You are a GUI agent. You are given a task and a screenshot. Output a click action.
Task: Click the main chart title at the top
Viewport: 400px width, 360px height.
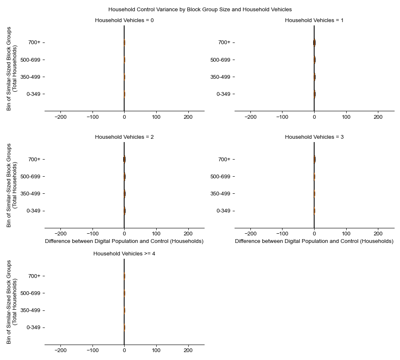pos(200,9)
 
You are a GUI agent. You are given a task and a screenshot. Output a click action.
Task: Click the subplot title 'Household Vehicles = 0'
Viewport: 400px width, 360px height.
pos(124,20)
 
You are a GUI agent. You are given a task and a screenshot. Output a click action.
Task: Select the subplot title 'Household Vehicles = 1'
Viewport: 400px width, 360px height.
pos(314,20)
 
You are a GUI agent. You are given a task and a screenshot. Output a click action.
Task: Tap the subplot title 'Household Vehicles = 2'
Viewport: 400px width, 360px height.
pos(124,137)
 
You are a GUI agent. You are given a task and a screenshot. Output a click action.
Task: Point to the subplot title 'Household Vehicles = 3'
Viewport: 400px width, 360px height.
pos(314,137)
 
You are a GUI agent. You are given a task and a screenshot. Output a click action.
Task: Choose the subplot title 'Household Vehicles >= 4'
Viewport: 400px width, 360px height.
pos(124,253)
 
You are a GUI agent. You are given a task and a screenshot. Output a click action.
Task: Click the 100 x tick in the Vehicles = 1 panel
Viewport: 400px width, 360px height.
pos(346,117)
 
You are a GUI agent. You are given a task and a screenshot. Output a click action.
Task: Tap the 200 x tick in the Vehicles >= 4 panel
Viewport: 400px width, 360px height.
pos(188,351)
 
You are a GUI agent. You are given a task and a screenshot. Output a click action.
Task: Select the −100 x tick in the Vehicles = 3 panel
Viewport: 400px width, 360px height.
pos(282,234)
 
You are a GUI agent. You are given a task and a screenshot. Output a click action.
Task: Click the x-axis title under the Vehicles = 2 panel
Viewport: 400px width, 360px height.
pos(124,241)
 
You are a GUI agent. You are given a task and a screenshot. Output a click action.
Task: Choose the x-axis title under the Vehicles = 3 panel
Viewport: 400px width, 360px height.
pos(314,241)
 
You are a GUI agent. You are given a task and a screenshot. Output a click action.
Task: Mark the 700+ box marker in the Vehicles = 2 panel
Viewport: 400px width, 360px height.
pos(124,159)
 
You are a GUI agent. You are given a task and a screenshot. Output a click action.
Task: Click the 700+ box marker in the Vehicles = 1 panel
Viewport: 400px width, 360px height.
pos(314,42)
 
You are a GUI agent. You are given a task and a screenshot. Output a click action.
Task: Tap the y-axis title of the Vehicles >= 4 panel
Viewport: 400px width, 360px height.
pos(12,302)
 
